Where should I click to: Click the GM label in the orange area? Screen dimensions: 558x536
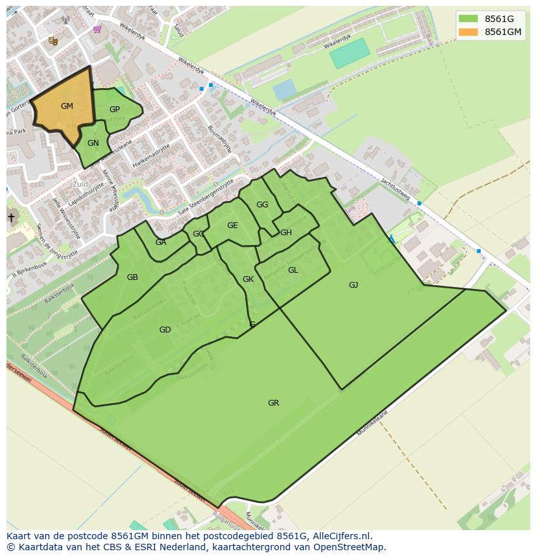67,106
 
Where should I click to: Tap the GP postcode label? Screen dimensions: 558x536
115,110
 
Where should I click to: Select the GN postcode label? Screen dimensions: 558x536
93,143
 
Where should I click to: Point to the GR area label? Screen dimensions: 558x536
273,403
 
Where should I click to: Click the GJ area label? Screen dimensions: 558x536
353,285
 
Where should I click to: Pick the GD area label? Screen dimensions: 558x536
165,330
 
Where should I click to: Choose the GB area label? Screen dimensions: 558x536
132,277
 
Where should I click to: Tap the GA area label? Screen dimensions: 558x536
161,242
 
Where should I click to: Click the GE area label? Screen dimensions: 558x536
232,226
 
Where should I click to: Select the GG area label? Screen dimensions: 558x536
262,205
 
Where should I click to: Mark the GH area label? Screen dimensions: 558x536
286,233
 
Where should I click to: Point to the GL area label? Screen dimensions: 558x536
293,270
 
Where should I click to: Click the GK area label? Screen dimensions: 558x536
248,279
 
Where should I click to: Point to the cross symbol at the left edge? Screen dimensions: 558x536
11,218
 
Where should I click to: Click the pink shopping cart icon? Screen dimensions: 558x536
97,29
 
